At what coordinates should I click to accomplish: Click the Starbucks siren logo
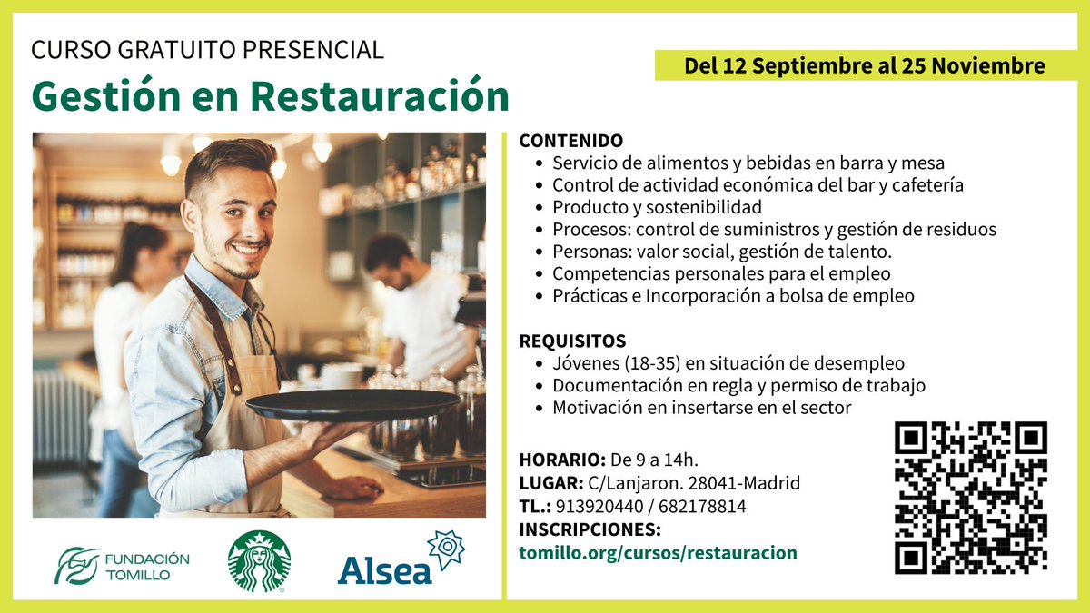259,561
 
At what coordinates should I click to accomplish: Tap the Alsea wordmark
385,569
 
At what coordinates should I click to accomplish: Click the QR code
970,499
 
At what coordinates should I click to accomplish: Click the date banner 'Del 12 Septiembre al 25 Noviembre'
864,66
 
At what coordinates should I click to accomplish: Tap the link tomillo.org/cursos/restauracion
658,553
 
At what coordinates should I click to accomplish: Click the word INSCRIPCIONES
590,529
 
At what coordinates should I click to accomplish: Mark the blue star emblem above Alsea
445,549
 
